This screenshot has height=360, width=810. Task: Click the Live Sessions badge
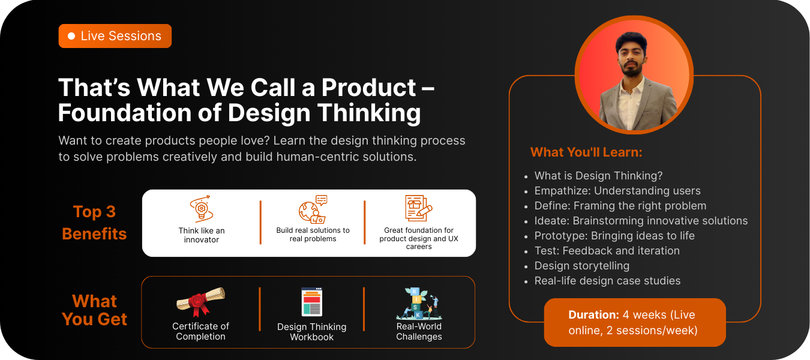tap(115, 36)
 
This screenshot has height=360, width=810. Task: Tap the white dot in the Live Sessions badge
tap(71, 36)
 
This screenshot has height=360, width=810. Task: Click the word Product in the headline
tap(369, 88)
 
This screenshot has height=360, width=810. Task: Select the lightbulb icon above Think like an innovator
tap(202, 209)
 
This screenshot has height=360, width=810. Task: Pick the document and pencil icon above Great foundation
tap(418, 208)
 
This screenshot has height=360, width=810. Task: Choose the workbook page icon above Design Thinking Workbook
tap(312, 302)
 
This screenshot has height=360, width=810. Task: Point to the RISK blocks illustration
tap(419, 304)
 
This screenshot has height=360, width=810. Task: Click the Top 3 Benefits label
tap(94, 223)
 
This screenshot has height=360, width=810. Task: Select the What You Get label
tap(94, 310)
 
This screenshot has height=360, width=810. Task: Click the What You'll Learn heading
tap(586, 152)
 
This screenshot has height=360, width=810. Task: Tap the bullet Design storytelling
tap(582, 266)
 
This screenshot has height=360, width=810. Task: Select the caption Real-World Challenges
tap(419, 331)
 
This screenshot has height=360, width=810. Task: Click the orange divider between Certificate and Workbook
tap(260, 309)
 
